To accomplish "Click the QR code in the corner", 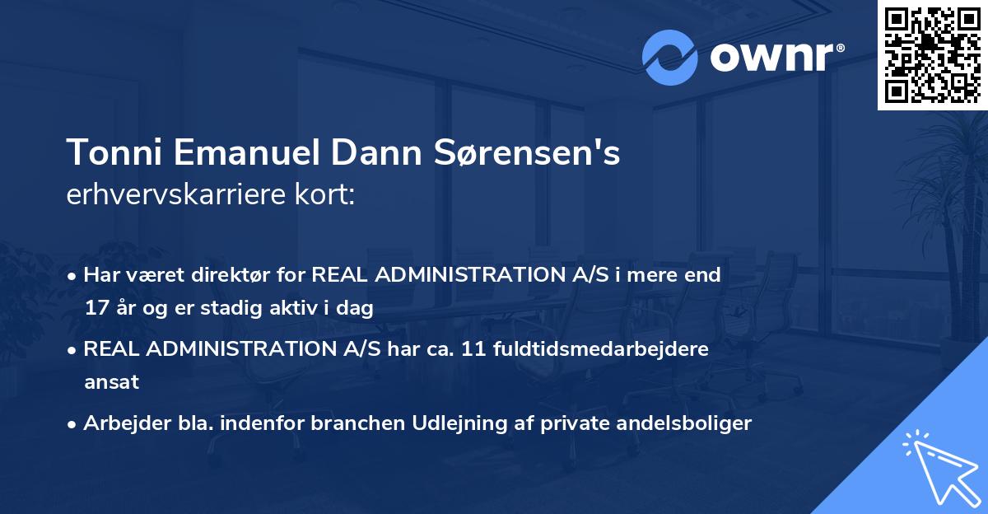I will (x=932, y=54).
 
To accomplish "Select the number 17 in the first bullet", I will (x=96, y=309).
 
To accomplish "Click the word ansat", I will (x=111, y=382).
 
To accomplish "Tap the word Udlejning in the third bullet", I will (x=469, y=423).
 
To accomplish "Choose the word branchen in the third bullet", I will (x=364, y=423).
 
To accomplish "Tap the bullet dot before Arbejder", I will (x=74, y=424).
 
